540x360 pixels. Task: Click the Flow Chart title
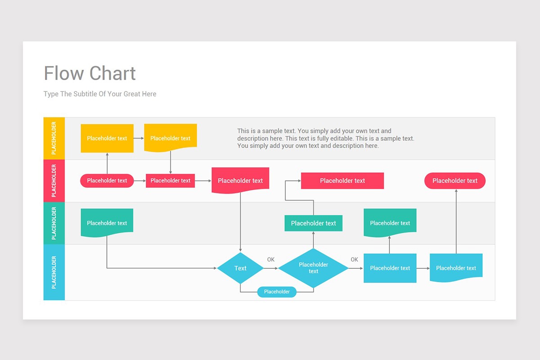pos(90,73)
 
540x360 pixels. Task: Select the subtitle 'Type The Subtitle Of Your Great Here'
pos(100,94)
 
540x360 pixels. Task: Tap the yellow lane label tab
pos(54,138)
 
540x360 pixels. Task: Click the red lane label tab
pos(54,181)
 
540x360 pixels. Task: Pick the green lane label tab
pos(54,223)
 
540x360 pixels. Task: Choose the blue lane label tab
pos(54,272)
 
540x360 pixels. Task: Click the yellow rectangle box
pos(107,138)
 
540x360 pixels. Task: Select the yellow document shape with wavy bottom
pos(170,137)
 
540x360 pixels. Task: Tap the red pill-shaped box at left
pos(107,181)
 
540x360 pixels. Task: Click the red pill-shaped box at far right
pos(455,181)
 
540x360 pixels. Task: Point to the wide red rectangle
pos(342,181)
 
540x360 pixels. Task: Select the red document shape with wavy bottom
pos(240,180)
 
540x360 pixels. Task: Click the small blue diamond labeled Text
pos(240,268)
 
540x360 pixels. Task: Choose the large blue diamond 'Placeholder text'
pos(313,268)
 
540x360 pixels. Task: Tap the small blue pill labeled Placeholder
pos(277,292)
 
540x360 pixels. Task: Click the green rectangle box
pos(313,223)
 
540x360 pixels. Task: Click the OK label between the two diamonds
pos(271,260)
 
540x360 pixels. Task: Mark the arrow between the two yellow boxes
pos(139,138)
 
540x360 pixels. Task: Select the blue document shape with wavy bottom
pos(456,267)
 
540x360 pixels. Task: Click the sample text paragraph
pos(326,139)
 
